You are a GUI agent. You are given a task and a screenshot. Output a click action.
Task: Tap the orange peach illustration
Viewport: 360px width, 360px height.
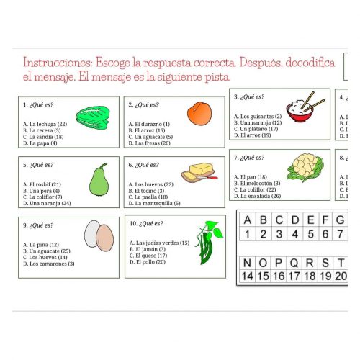(197, 114)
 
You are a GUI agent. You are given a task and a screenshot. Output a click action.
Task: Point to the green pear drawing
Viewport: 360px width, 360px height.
(98, 180)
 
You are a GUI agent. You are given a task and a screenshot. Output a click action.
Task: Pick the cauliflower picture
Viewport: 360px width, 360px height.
(305, 168)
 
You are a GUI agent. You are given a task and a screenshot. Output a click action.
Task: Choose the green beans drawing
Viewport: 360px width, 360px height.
(208, 243)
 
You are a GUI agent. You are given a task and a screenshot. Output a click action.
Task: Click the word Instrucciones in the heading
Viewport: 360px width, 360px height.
(57, 63)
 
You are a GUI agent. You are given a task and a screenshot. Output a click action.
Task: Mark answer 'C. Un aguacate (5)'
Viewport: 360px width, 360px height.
(150, 137)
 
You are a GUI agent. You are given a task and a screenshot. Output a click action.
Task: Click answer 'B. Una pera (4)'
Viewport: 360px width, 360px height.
(41, 191)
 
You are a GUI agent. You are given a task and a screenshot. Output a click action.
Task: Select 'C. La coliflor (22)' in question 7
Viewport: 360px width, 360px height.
(256, 189)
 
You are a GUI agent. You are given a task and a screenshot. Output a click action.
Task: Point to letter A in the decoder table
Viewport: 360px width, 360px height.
(248, 220)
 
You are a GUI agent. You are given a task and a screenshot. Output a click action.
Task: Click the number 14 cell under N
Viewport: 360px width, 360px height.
(248, 276)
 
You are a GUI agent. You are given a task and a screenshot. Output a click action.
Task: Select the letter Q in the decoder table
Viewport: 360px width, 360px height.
(294, 262)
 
